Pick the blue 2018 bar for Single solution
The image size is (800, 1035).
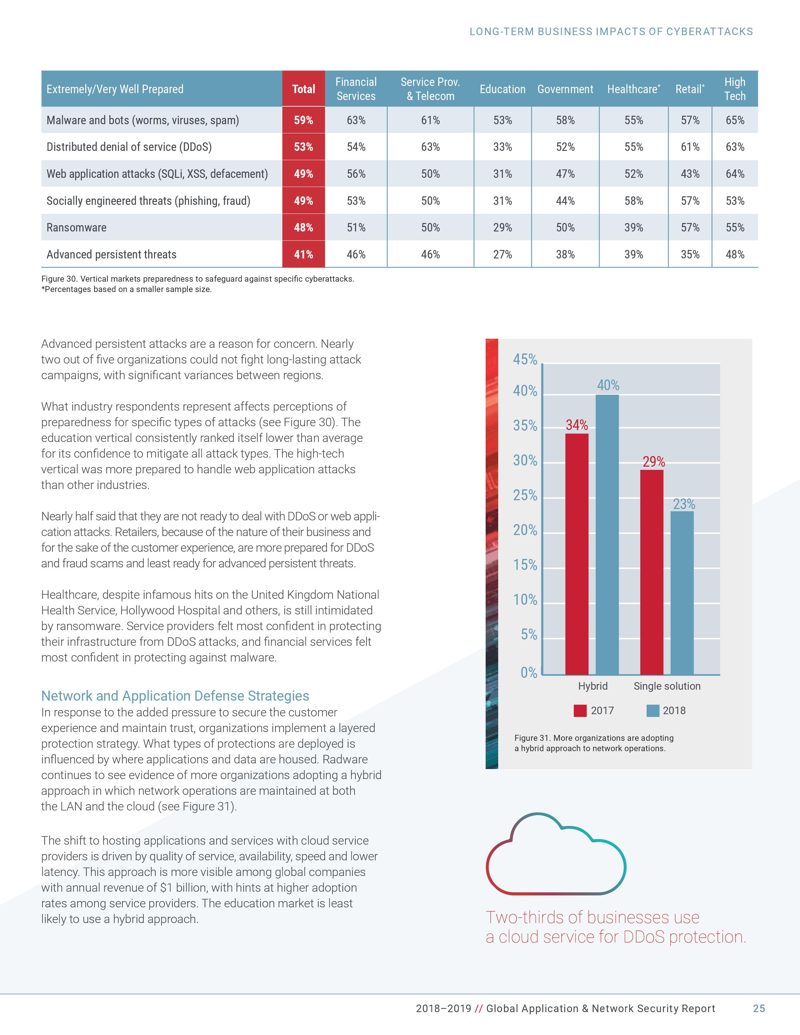[682, 592]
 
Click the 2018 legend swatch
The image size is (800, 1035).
[653, 711]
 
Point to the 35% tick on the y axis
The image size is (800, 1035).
[525, 426]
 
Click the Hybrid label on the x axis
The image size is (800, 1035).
[592, 686]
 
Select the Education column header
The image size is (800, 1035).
[502, 89]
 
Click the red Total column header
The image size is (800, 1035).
[303, 89]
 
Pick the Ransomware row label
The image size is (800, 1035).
[76, 227]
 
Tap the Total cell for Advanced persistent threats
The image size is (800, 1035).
[303, 254]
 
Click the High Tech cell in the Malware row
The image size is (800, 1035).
[735, 120]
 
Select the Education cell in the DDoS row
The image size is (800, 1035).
[502, 147]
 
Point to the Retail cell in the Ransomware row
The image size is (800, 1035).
[690, 227]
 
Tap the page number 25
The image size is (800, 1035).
[759, 1008]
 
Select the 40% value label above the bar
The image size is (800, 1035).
[608, 385]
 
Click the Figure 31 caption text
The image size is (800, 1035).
[594, 743]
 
